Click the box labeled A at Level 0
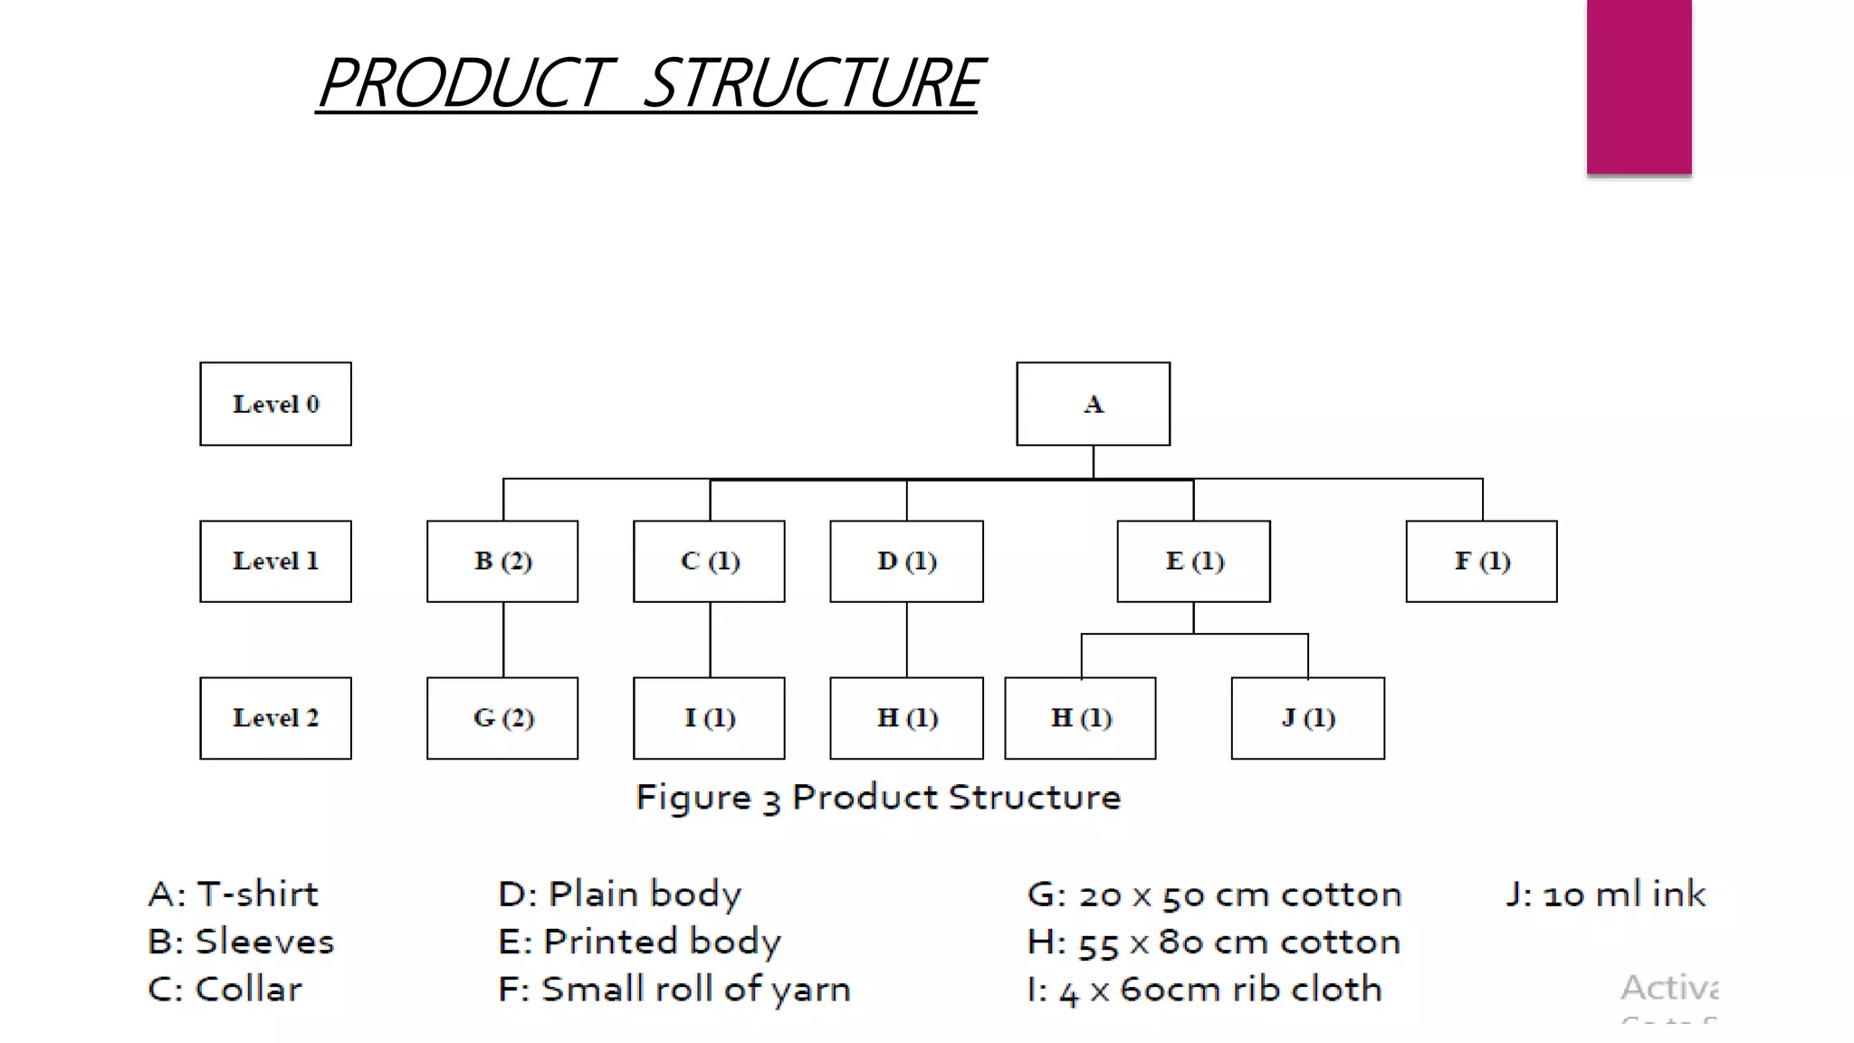pos(1093,404)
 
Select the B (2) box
pos(502,561)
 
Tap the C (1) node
pos(709,561)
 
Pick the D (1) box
pos(906,561)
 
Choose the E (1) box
pos(1193,561)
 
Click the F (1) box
pos(1481,561)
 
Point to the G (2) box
pos(502,718)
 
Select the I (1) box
pos(709,718)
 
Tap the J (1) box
pos(1307,718)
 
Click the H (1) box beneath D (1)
pos(906,718)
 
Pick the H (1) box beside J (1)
pos(1080,718)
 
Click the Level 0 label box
pos(275,404)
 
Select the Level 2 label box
pos(275,718)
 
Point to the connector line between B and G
pos(503,640)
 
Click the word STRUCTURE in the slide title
pos(812,83)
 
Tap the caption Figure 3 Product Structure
pos(877,798)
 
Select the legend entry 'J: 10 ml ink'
pos(1605,895)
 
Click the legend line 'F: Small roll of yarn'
pos(674,989)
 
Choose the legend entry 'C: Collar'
pos(225,989)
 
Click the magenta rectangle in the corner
pos(1639,86)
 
